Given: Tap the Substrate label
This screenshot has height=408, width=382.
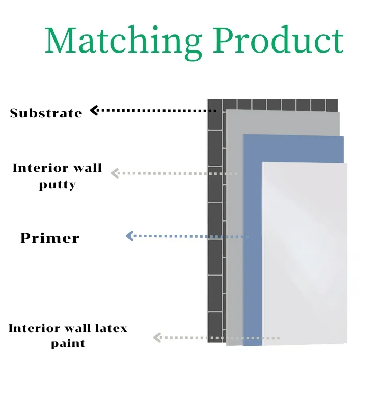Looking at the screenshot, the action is (46, 113).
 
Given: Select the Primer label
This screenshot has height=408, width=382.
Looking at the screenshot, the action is (50, 238).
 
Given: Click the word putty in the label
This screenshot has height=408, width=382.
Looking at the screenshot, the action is (57, 185).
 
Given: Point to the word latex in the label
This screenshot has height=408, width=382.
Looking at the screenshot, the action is (109, 328).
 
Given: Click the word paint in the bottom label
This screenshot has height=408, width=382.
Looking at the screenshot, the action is (68, 344).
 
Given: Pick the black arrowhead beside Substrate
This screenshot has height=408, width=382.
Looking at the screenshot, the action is (94, 110).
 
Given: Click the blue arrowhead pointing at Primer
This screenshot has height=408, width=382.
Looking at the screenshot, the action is (129, 236).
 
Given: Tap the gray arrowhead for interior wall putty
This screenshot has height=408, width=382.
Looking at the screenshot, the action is (115, 173).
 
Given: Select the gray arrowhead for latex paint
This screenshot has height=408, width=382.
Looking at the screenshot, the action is (157, 337).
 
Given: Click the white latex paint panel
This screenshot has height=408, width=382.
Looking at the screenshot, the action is (306, 255).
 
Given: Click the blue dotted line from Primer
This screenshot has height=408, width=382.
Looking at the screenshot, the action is (188, 236).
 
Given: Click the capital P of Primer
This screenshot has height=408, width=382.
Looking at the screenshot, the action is (25, 238).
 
